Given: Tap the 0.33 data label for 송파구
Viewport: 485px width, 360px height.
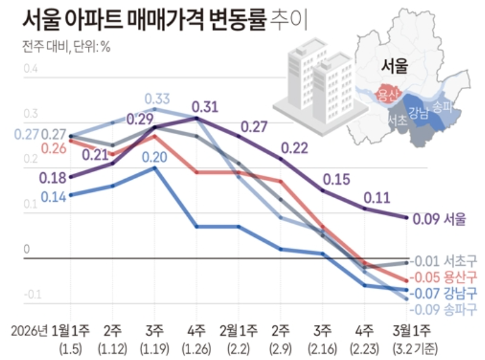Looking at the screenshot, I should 158,98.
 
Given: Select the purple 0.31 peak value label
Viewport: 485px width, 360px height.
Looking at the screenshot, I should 205,107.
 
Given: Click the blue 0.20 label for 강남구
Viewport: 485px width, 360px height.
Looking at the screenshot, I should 155,157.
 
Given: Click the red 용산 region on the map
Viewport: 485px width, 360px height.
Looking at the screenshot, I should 388,94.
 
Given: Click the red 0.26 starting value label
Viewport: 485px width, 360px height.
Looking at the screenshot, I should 53,148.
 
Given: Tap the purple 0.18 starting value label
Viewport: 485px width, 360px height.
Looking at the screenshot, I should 53,178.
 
